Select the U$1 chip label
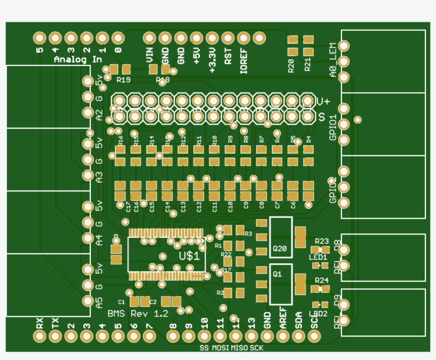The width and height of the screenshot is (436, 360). click(189, 256)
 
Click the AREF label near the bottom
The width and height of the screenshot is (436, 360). click(283, 317)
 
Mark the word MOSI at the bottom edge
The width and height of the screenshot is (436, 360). click(221, 348)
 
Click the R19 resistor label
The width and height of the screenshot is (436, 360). click(123, 80)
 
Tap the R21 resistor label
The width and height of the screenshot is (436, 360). click(307, 65)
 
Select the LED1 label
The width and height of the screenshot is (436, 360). click(318, 257)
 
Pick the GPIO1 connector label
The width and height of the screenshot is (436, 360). click(333, 128)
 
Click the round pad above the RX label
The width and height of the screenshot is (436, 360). click(39, 336)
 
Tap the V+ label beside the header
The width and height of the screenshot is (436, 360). click(323, 101)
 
